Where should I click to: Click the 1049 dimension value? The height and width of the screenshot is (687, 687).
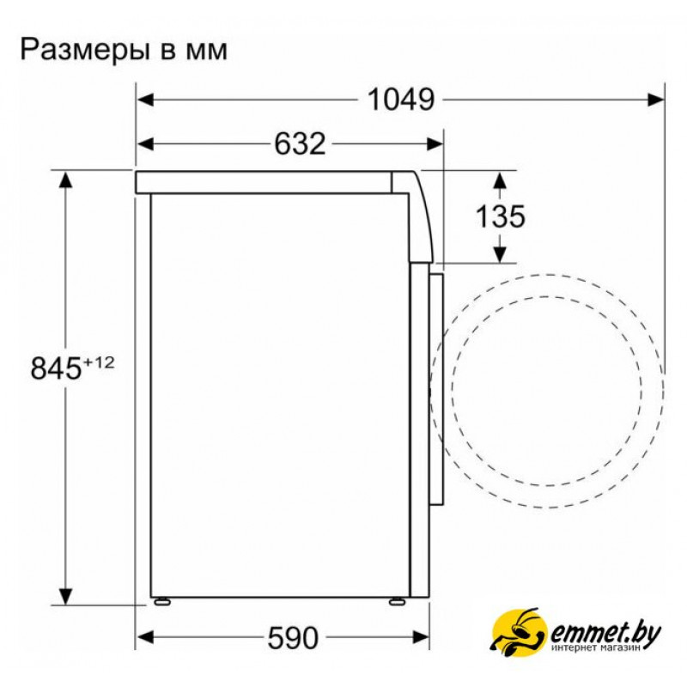pyautogui.click(x=401, y=100)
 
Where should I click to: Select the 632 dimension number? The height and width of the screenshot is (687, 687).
pyautogui.click(x=300, y=143)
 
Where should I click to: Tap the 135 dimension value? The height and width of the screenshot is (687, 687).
pyautogui.click(x=500, y=216)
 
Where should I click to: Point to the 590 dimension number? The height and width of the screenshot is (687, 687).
pyautogui.click(x=293, y=638)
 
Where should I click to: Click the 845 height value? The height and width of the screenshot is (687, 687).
pyautogui.click(x=56, y=368)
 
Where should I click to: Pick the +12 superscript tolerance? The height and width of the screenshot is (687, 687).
pyautogui.click(x=99, y=362)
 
